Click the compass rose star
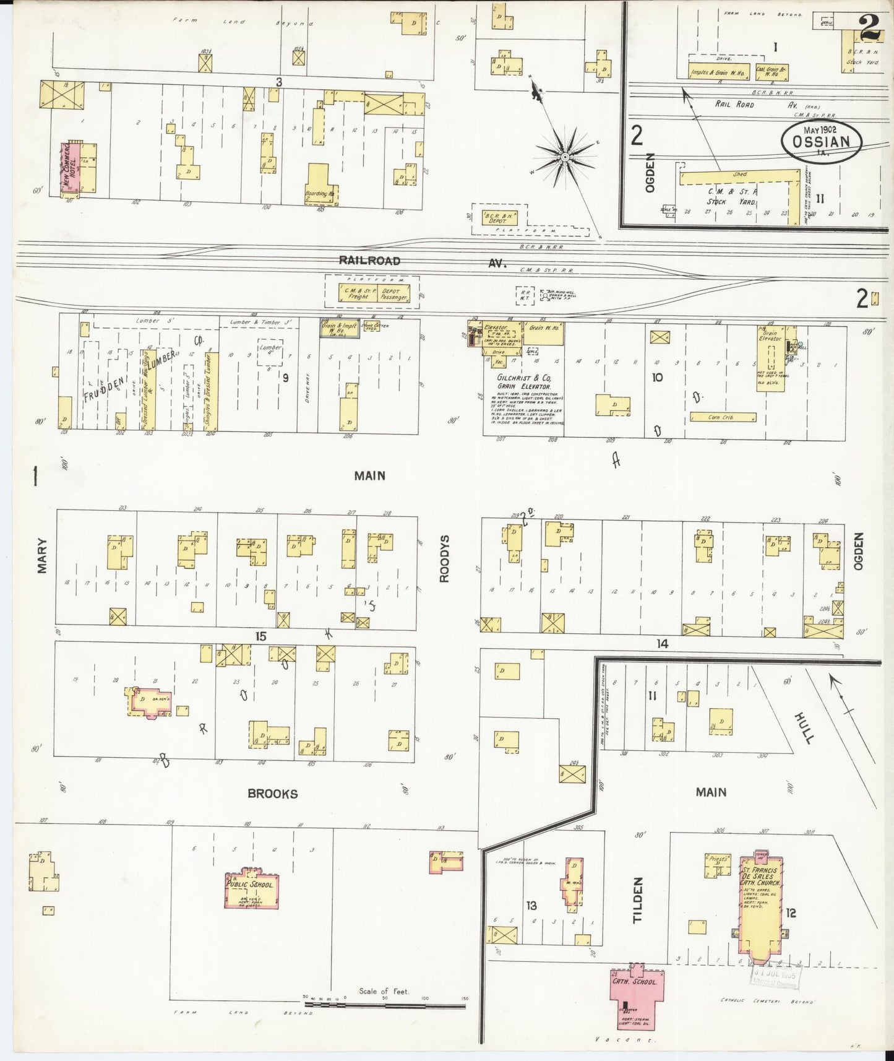[x=565, y=158]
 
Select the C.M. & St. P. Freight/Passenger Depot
[x=373, y=292]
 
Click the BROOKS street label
[x=272, y=794]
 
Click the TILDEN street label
[x=638, y=900]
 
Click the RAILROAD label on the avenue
[x=369, y=261]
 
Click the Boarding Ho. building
[x=319, y=183]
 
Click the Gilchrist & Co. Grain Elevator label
[x=523, y=381]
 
